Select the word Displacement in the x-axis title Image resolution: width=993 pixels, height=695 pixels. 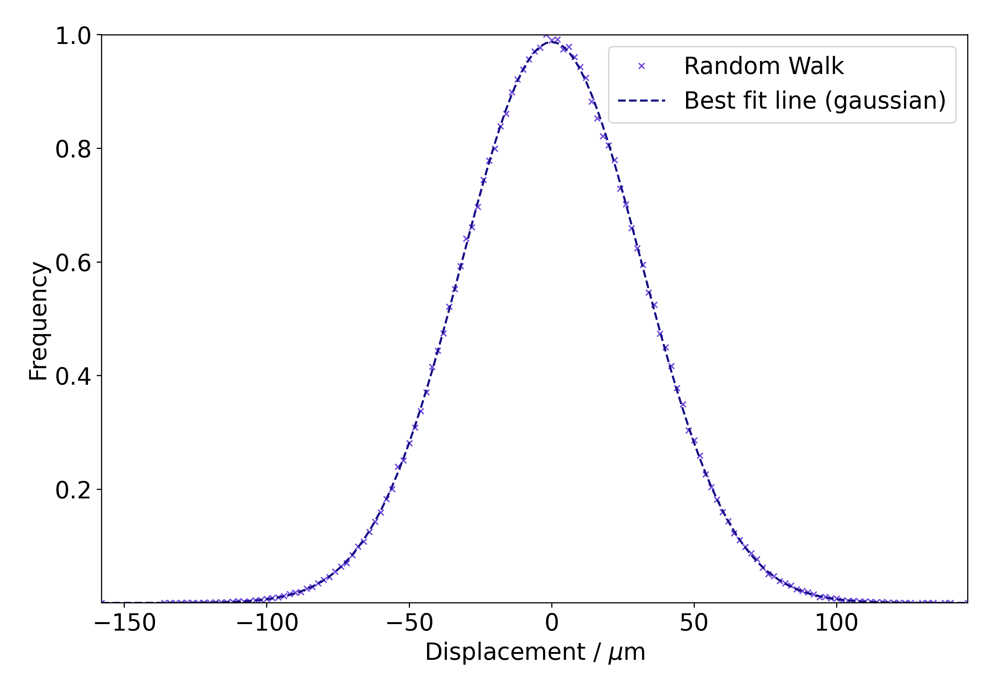click(x=505, y=652)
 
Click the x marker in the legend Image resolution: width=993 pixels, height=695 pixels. click(x=641, y=66)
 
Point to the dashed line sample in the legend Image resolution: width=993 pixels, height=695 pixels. click(x=641, y=101)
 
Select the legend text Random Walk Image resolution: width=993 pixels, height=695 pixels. click(x=763, y=66)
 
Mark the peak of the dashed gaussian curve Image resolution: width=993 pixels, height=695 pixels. click(x=552, y=42)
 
